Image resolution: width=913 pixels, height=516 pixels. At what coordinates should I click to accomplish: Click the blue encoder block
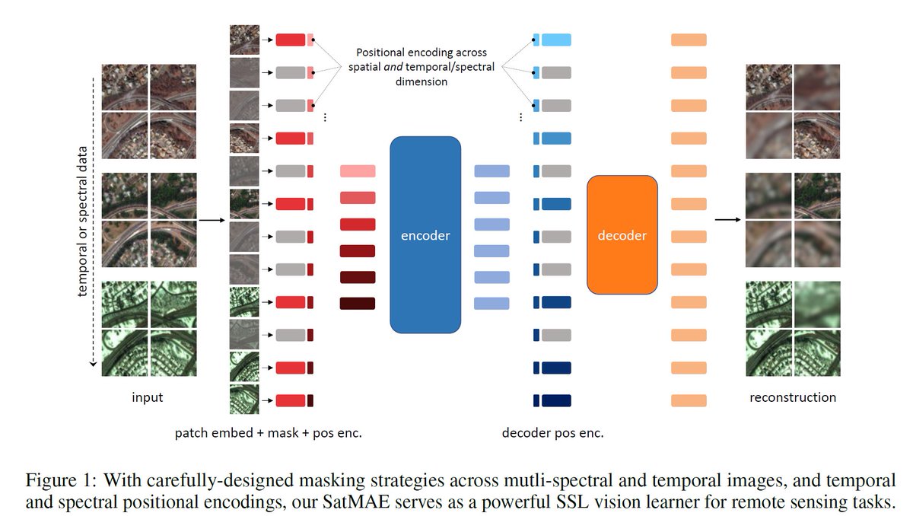pos(425,234)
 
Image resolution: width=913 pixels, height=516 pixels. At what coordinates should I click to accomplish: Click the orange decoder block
pos(622,234)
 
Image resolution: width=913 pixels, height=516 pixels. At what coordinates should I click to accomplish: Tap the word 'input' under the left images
pos(148,397)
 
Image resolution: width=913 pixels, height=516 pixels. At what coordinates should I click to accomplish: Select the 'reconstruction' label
pos(793,397)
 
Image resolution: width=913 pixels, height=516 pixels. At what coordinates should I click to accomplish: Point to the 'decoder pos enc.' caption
pos(552,433)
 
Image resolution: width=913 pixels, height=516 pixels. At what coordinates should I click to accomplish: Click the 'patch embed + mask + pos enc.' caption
pos(268,433)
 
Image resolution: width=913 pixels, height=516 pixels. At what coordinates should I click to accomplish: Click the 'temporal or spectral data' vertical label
pos(84,221)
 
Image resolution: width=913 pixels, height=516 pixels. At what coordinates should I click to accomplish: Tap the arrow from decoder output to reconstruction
pos(727,220)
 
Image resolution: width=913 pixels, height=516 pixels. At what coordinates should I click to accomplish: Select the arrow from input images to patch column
pos(211,220)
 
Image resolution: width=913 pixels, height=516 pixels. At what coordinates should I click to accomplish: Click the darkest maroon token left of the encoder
pos(358,304)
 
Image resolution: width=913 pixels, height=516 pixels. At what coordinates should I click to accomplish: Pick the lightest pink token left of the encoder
pos(358,171)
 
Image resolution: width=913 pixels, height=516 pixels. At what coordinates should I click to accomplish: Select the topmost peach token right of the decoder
pos(689,40)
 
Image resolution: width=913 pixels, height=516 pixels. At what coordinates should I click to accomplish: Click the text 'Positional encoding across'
pos(425,53)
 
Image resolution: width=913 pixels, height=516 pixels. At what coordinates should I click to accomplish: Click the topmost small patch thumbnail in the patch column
pos(244,40)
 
